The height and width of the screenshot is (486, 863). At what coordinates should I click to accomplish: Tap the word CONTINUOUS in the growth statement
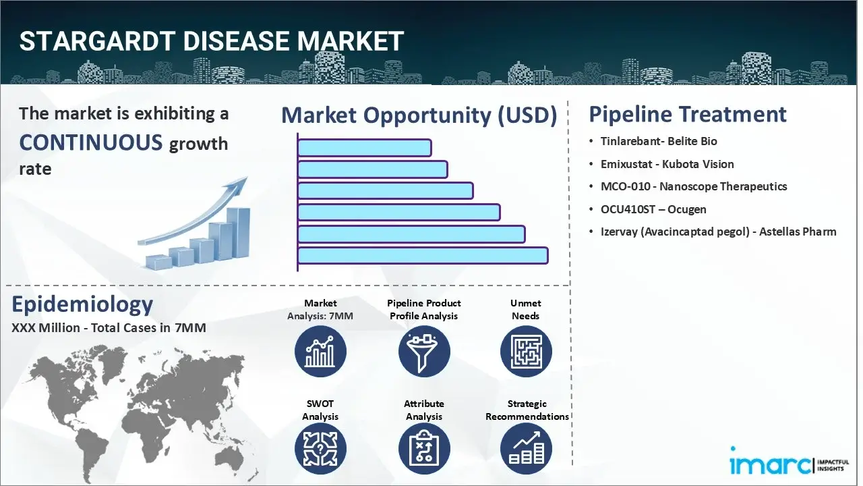tap(90, 142)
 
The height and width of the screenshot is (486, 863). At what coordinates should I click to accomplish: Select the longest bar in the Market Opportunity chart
tap(422, 256)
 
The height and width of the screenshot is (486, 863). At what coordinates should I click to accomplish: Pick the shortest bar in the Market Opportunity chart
tap(364, 148)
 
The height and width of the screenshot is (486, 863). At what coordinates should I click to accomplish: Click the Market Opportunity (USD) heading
tap(419, 115)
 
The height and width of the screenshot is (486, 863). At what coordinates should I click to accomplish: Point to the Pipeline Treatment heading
tap(687, 114)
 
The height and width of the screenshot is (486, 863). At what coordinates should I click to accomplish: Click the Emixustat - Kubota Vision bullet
tap(667, 164)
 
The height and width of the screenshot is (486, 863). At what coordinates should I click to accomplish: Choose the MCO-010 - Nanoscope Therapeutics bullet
tap(693, 186)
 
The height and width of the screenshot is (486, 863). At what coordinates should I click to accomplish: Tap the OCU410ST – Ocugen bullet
tap(653, 209)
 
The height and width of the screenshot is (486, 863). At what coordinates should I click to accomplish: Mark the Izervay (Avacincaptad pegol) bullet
tap(718, 232)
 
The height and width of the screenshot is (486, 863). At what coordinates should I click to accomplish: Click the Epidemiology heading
tap(82, 304)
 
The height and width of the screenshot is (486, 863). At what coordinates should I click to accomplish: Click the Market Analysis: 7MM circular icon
tap(320, 351)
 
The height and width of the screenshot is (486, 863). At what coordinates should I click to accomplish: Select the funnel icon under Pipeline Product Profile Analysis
tap(423, 351)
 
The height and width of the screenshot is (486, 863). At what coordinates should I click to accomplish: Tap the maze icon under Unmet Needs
tap(526, 351)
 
